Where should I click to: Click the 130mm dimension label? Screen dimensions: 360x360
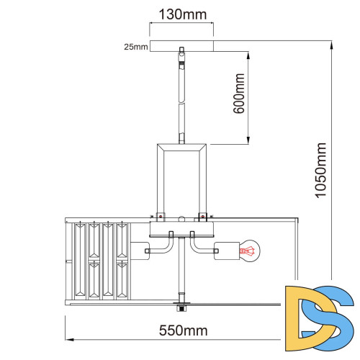pyautogui.click(x=183, y=14)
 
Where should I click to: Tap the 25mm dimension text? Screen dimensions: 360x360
pyautogui.click(x=136, y=47)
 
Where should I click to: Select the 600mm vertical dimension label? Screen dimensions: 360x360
pyautogui.click(x=239, y=94)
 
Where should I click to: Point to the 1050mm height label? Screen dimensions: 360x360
pyautogui.click(x=320, y=171)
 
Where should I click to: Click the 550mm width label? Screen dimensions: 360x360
pyautogui.click(x=184, y=330)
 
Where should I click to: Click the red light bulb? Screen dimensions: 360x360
pyautogui.click(x=250, y=251)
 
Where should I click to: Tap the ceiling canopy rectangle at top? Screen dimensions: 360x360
pyautogui.click(x=181, y=46)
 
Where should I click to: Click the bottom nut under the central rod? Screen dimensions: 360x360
pyautogui.click(x=181, y=307)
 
